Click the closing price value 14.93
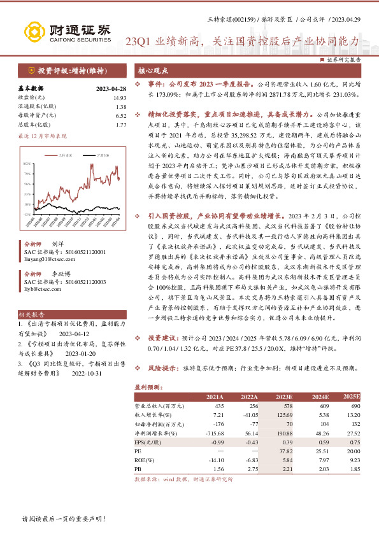pyautogui.click(x=120, y=98)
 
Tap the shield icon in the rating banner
pyautogui.click(x=31, y=70)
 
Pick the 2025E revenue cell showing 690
pyautogui.click(x=355, y=406)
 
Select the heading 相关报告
pyautogui.click(x=31, y=314)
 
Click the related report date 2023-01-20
pyautogui.click(x=79, y=354)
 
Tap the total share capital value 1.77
pyautogui.click(x=121, y=125)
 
